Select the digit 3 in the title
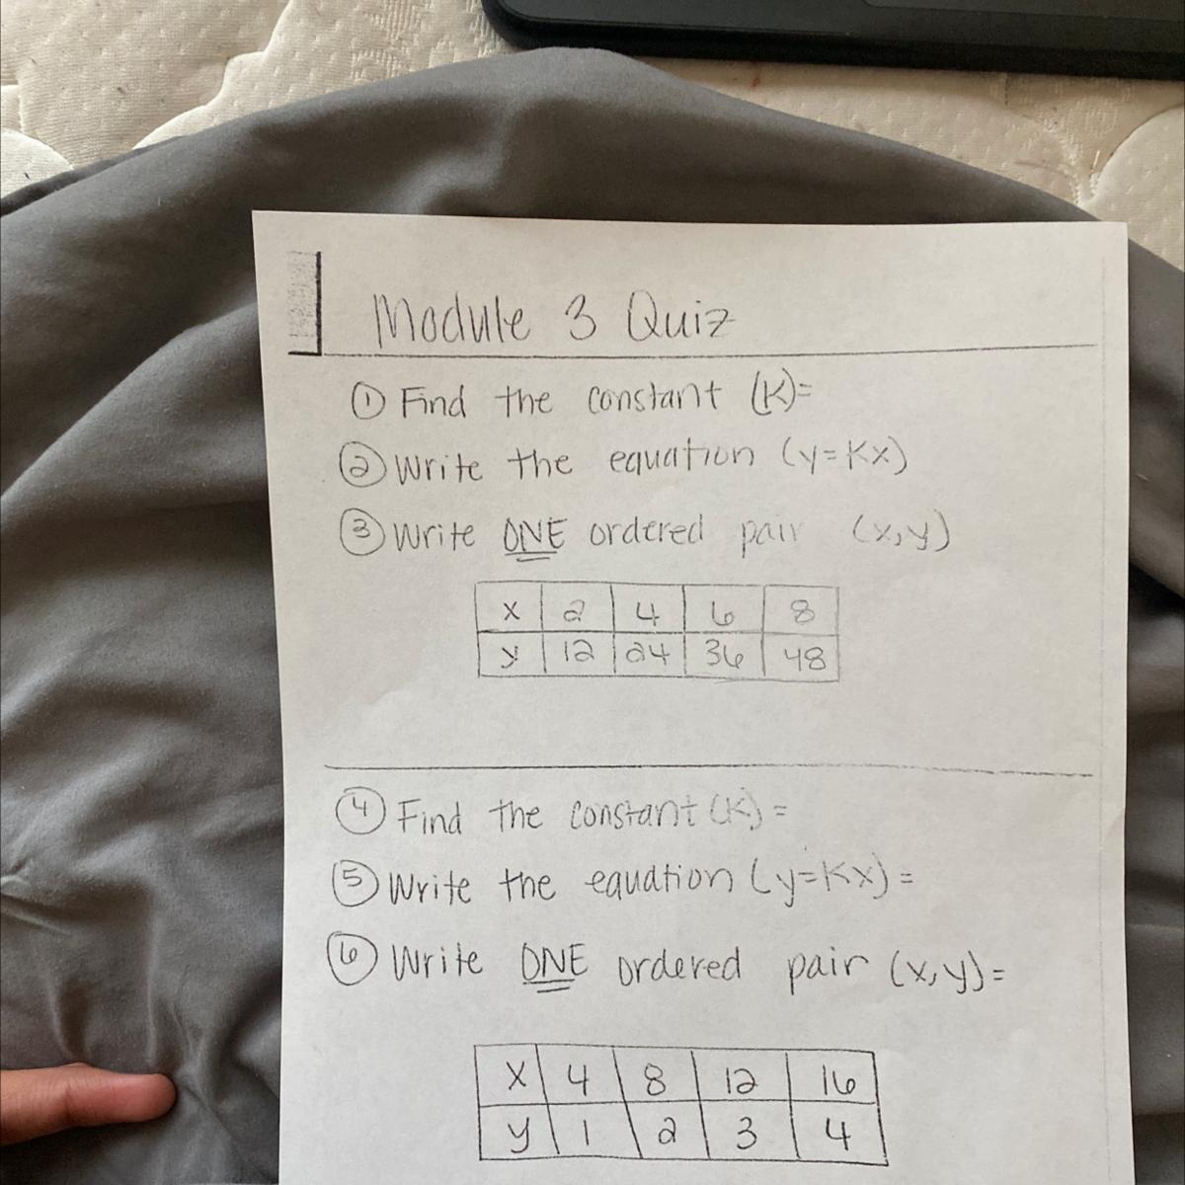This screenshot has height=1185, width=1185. pos(578,322)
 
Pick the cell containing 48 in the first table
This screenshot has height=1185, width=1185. pos(802,659)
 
